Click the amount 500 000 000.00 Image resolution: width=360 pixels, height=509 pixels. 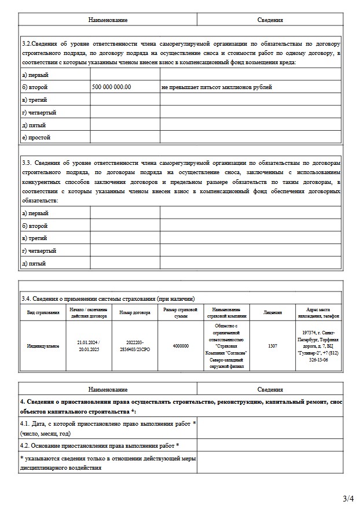pos(112,87)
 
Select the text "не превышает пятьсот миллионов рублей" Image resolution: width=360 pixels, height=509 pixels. pos(217,87)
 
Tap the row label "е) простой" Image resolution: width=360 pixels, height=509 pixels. pos(36,138)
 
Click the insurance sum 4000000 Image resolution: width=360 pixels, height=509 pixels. pos(181,346)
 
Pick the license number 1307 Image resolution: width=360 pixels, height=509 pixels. pos(273,346)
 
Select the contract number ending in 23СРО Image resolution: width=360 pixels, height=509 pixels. pos(134,346)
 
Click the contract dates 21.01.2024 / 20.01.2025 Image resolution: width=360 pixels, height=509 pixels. pos(89,346)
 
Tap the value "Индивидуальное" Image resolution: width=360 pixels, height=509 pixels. pos(43,346)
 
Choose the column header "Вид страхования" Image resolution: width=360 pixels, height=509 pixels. pos(43,313)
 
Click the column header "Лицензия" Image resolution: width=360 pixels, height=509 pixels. pos(273,313)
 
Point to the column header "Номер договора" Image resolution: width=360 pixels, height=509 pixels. pos(134,313)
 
